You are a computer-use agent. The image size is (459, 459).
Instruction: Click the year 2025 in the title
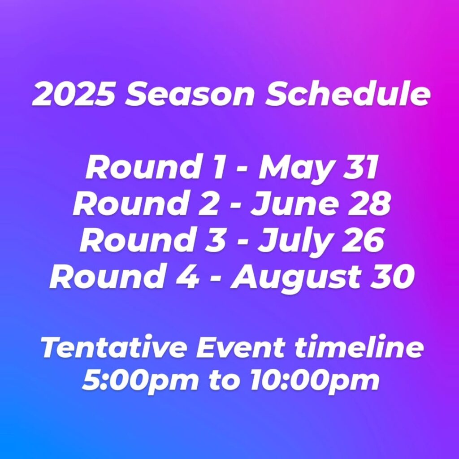point(73,94)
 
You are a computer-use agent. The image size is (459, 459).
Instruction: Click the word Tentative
point(113,348)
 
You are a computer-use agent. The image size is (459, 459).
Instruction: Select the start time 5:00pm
point(140,382)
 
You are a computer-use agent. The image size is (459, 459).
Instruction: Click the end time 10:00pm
point(315,382)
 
